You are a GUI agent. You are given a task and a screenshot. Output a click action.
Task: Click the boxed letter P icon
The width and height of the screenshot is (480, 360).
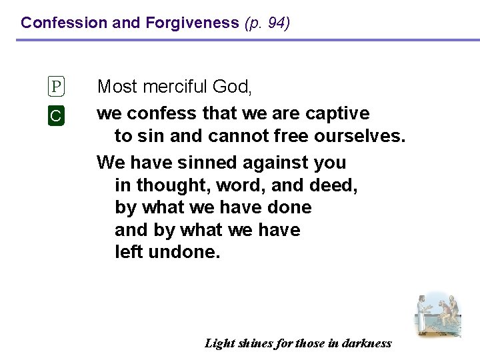click(x=57, y=87)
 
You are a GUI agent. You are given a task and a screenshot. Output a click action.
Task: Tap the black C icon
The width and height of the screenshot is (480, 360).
click(x=57, y=115)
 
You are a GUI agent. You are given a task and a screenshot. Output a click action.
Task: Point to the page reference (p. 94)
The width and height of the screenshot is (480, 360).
click(x=267, y=23)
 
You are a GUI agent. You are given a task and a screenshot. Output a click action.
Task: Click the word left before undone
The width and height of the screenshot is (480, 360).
click(x=131, y=253)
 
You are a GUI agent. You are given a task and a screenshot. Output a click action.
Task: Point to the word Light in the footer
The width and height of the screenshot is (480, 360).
click(x=219, y=343)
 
